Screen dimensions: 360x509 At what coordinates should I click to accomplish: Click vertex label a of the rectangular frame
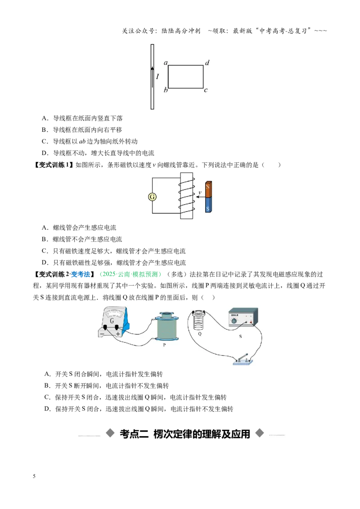pos(166,63)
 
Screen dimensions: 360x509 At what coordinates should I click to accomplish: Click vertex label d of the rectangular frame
pos(207,63)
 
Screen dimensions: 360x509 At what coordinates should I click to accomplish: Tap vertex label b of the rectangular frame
pos(166,90)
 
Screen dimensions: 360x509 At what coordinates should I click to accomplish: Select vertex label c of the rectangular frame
pos(206,90)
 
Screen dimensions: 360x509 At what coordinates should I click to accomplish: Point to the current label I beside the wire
pos(157,76)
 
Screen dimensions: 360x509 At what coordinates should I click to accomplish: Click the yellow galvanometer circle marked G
pos(152,196)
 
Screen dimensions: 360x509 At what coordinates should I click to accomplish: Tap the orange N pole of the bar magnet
pos(208,189)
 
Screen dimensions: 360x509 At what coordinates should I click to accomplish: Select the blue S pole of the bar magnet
pos(208,205)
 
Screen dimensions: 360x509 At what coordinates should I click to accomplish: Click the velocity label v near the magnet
pos(200,192)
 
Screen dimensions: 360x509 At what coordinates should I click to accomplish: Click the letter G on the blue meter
pos(112,321)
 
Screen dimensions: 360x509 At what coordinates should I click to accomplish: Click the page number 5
pos(34,476)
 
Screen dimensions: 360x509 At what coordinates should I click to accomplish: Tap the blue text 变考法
pos(80,274)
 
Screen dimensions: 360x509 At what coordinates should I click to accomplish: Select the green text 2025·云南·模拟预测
pos(130,274)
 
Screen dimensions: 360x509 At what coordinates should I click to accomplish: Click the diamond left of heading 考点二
pos(110,433)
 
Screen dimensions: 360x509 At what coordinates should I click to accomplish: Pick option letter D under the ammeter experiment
pos(47,409)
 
